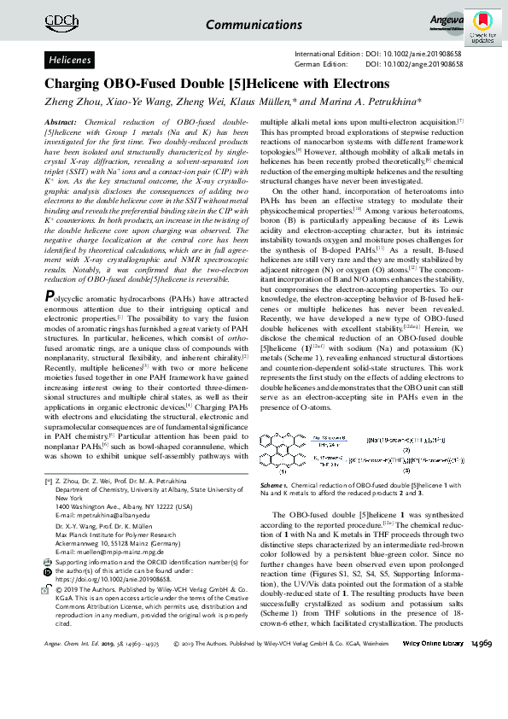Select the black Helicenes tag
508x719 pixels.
71,61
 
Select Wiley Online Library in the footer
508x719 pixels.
433,691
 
